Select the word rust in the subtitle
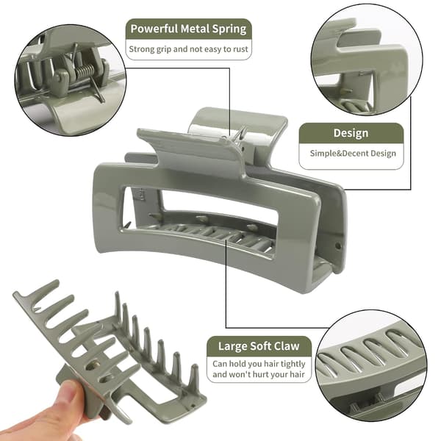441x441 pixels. [240, 49]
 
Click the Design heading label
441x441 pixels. [351, 133]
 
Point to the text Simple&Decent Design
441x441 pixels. [353, 154]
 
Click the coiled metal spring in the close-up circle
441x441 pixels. [85, 71]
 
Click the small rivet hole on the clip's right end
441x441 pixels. [338, 246]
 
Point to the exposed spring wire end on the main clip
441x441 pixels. [241, 133]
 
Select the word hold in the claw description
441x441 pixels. [238, 365]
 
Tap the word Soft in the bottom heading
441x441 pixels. [258, 346]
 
